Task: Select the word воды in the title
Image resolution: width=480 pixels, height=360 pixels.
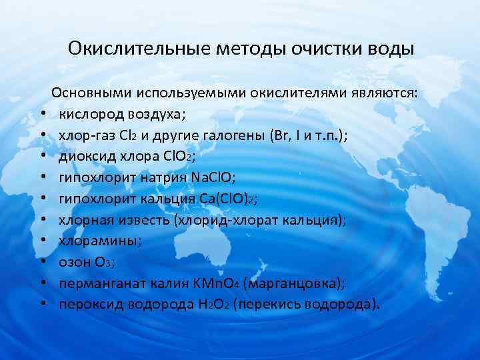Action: (388, 49)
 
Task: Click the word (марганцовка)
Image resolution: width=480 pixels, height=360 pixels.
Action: (293, 284)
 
